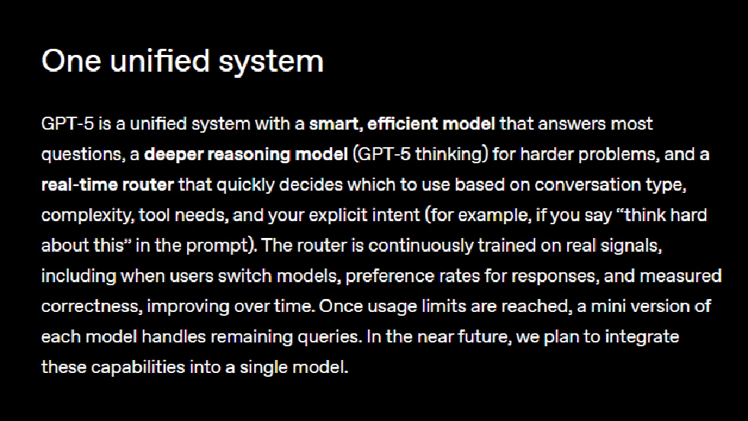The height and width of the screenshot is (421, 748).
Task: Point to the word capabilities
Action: [139, 367]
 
